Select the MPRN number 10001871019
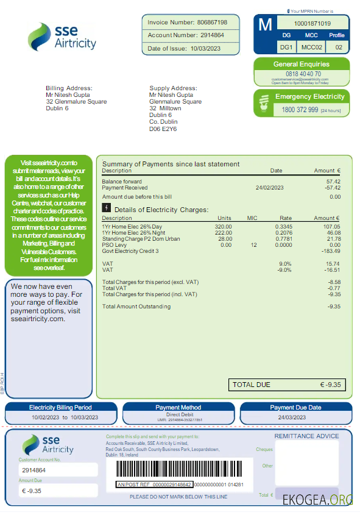point(312,24)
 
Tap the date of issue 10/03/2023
point(205,49)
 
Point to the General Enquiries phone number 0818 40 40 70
point(301,74)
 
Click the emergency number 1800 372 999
point(300,110)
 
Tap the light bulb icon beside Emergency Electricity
point(264,104)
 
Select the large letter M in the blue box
point(265,25)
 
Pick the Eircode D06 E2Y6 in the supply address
point(163,129)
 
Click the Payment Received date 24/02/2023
point(269,188)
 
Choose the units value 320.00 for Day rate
point(223,226)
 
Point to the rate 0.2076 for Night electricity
point(283,233)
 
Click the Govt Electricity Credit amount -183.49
point(331,251)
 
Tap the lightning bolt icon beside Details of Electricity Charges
point(107,208)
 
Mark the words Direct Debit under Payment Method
point(178,414)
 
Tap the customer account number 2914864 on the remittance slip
point(34,471)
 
